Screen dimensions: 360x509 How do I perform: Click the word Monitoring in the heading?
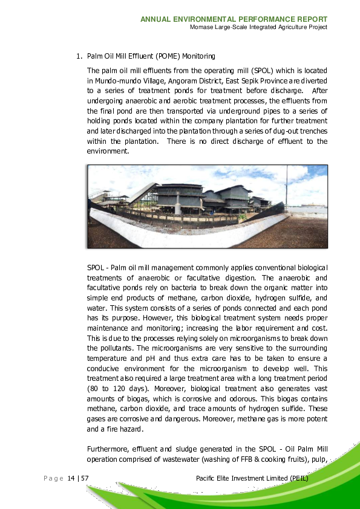198,57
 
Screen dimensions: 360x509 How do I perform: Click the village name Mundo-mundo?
109,80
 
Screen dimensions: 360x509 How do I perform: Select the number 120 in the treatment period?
117,389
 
